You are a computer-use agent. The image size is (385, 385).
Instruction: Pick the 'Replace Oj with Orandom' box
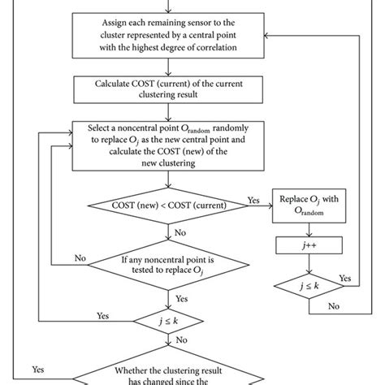pos(309,207)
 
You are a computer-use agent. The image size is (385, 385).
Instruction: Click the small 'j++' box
pos(309,243)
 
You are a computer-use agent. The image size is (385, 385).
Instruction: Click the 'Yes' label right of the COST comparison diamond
pos(253,199)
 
